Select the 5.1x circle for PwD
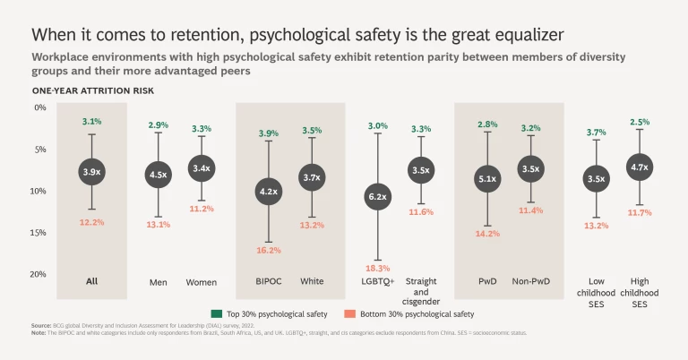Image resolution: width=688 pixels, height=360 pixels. click(x=487, y=180)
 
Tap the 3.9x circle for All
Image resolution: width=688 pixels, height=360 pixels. click(x=91, y=171)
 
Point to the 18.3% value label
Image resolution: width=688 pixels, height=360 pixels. click(x=377, y=268)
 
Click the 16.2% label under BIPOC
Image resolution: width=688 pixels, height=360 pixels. click(x=269, y=250)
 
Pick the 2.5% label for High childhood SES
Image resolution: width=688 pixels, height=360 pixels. click(x=640, y=122)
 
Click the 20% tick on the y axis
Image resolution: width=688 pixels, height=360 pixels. click(x=39, y=274)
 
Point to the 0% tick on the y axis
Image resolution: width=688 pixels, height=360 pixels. click(x=40, y=107)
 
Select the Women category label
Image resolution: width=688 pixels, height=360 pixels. click(x=202, y=282)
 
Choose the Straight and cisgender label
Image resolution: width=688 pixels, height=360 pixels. click(x=421, y=291)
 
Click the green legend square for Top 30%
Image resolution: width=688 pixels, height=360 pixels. click(x=216, y=313)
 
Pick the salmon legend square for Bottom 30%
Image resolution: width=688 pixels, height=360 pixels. click(x=348, y=313)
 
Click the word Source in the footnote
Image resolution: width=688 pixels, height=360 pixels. click(x=41, y=326)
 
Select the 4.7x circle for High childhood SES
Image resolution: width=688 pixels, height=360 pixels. click(x=640, y=167)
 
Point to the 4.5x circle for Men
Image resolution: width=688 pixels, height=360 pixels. click(x=158, y=175)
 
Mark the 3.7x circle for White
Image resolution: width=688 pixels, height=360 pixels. click(x=312, y=177)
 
